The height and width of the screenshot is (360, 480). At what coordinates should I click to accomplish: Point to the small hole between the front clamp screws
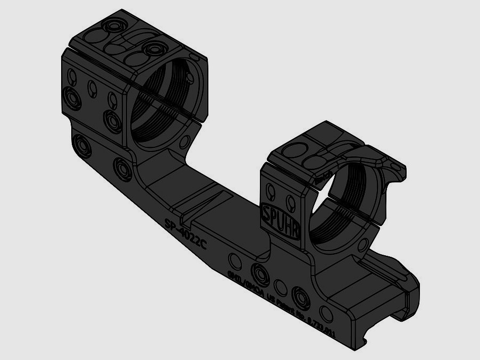[x=282, y=287]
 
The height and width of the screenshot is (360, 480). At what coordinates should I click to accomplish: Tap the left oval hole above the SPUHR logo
[x=271, y=191]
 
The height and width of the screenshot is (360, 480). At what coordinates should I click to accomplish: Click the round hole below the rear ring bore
[x=185, y=141]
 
